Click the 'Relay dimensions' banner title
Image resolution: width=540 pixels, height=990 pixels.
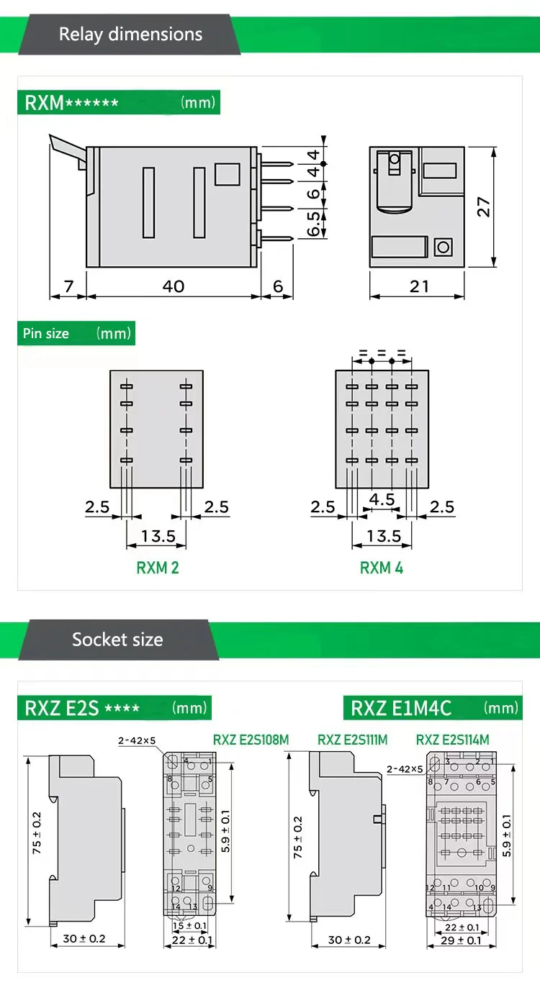click(x=130, y=34)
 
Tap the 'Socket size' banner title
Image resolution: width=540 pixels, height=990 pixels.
click(x=117, y=640)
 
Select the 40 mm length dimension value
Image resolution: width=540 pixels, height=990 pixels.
click(x=173, y=286)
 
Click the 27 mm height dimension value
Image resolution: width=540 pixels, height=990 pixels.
click(x=485, y=207)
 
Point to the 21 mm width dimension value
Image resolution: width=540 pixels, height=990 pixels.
click(x=419, y=286)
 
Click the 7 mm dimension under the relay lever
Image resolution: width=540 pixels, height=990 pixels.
click(x=68, y=286)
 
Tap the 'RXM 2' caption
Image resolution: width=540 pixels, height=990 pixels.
click(x=158, y=568)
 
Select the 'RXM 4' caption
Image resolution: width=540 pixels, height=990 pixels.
click(x=382, y=568)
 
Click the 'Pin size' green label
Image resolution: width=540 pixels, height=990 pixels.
click(x=46, y=333)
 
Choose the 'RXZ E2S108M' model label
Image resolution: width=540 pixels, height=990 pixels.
click(x=251, y=739)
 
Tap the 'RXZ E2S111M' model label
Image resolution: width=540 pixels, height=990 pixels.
click(x=353, y=739)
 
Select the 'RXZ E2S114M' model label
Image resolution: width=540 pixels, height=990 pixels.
click(x=452, y=739)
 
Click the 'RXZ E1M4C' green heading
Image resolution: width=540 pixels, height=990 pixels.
click(x=401, y=708)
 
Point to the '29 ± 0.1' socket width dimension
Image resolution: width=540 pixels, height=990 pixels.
click(x=462, y=940)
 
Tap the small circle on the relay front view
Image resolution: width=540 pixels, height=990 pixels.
click(x=442, y=247)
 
